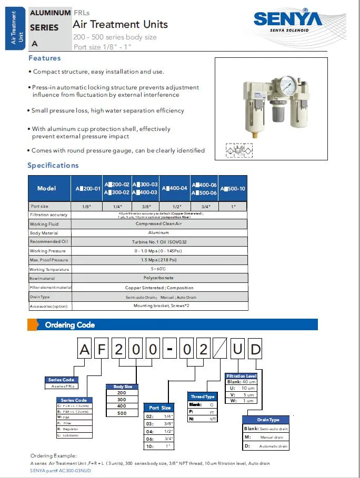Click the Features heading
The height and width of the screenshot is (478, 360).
(x=45, y=58)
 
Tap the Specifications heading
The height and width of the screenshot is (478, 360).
(x=53, y=165)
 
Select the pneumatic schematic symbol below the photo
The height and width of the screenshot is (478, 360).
(x=238, y=151)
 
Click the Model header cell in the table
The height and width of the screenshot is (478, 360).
(x=47, y=188)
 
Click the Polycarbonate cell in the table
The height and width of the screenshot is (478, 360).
(x=158, y=278)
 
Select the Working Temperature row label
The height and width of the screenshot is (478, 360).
(x=49, y=269)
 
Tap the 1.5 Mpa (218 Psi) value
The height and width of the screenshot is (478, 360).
(x=158, y=260)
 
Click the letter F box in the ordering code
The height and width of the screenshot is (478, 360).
(x=102, y=349)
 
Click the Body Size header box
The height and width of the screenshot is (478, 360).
(x=123, y=387)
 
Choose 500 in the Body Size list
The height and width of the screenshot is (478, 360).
(x=122, y=413)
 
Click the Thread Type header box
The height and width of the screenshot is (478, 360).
(x=203, y=396)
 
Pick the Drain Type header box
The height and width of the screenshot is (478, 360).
(x=268, y=420)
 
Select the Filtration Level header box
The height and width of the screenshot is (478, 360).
(x=242, y=376)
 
